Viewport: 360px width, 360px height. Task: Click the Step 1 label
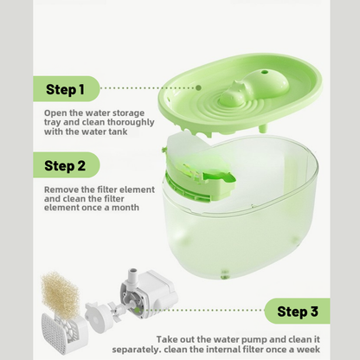click(x=65, y=89)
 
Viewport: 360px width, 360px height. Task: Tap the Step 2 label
click(x=65, y=165)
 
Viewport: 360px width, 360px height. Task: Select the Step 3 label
click(x=298, y=312)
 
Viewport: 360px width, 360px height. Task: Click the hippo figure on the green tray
click(x=254, y=87)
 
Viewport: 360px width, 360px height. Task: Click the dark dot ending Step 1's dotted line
click(x=198, y=87)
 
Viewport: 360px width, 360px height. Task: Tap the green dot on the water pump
click(x=138, y=311)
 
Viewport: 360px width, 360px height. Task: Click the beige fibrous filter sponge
click(x=60, y=294)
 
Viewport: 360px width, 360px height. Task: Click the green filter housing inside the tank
click(x=199, y=179)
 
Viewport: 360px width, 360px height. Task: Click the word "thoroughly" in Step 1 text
click(x=131, y=122)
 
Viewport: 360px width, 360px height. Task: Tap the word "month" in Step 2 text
click(x=125, y=208)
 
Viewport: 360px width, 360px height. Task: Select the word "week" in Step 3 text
click(x=309, y=350)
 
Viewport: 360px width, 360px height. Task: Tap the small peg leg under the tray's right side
click(x=263, y=127)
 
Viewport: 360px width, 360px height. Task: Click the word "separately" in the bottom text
click(x=136, y=350)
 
